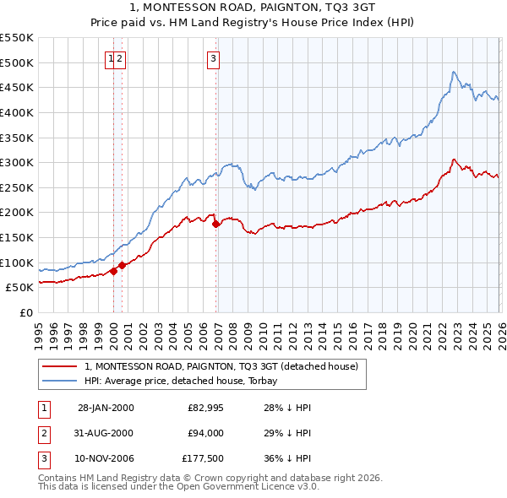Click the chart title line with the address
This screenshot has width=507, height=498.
253,7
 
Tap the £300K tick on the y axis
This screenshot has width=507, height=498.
16,162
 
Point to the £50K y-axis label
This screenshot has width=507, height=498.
19,287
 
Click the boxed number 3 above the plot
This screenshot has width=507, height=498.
212,58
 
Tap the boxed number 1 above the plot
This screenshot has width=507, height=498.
111,58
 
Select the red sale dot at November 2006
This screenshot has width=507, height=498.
216,224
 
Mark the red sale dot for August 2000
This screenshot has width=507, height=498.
123,265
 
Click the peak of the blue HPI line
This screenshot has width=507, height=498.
454,73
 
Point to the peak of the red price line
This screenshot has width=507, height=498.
454,159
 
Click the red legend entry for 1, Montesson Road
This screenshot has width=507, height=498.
221,366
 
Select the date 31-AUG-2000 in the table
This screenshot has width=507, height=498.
105,433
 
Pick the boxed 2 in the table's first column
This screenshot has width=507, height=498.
43,433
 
